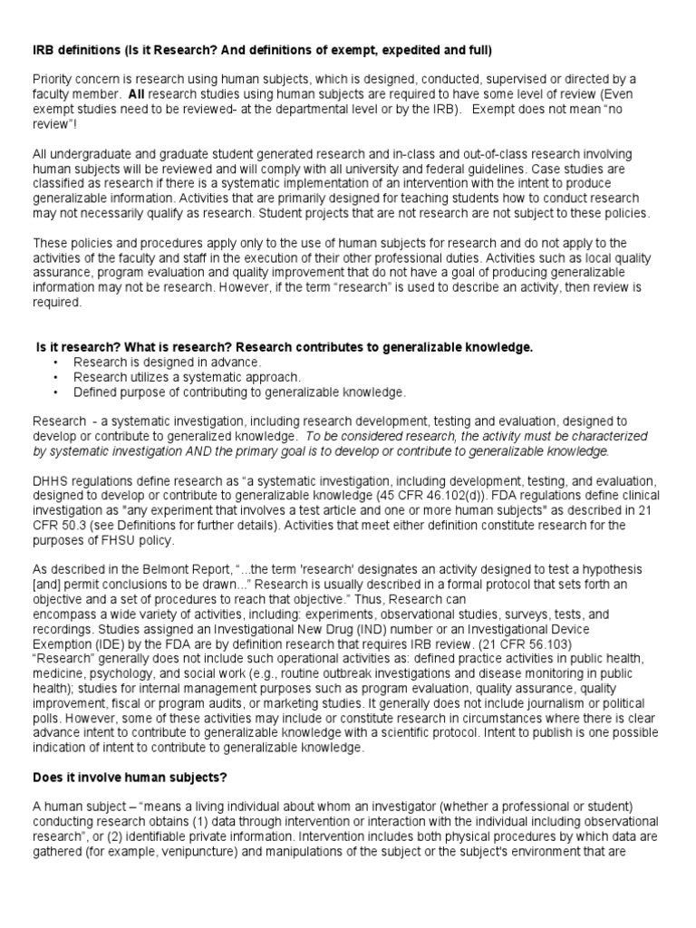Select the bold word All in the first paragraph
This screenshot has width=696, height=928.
tap(137, 94)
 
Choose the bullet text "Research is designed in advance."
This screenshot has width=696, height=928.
tap(155, 362)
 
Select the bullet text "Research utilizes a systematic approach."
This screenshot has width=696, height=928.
tap(175, 377)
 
